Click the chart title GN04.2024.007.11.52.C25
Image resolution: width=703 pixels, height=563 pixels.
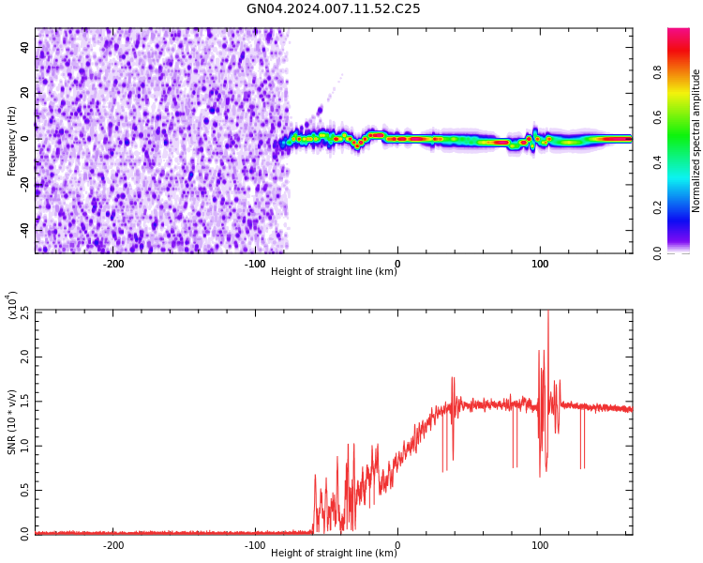tap(334, 8)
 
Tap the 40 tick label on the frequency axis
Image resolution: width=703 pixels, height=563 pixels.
tap(25, 47)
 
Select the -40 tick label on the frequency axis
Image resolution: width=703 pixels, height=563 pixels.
tap(23, 230)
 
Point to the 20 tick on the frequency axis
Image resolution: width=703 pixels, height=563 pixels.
tap(25, 93)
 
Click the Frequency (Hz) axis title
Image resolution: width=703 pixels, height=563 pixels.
tap(12, 141)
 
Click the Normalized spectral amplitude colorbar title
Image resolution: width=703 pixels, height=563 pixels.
tap(696, 141)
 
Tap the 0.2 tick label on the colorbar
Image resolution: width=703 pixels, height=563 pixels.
tap(658, 207)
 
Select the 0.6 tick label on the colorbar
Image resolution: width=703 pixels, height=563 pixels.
tap(658, 117)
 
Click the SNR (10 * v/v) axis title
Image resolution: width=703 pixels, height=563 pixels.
tap(12, 421)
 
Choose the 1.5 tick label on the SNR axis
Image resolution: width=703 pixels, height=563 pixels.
tap(24, 402)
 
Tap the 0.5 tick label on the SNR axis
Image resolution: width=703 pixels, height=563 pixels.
tap(24, 491)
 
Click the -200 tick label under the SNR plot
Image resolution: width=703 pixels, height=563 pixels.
tap(112, 545)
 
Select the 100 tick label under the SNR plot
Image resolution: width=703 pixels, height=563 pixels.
tap(540, 545)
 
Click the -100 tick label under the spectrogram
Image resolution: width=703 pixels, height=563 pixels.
tap(255, 264)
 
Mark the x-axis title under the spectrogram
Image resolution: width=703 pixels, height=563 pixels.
tap(334, 272)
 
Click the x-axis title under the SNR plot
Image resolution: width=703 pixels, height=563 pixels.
tap(334, 554)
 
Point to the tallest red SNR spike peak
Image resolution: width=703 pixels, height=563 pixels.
tap(548, 312)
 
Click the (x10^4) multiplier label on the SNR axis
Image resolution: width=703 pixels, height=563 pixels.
tap(13, 305)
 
